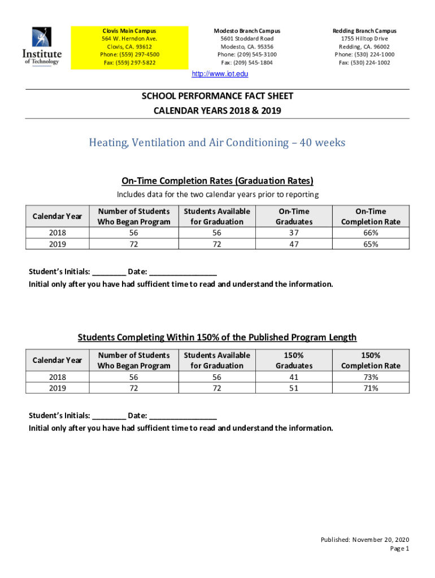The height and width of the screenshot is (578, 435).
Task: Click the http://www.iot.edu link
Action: tap(220, 74)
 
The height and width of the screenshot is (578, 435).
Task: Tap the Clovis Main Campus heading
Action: tap(129, 30)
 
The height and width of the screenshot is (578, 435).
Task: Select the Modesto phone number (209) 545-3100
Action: tap(247, 54)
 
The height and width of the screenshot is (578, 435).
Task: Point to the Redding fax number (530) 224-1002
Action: tap(364, 63)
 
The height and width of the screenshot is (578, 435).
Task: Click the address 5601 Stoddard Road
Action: tap(247, 38)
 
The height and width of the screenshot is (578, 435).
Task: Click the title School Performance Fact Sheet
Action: tap(217, 96)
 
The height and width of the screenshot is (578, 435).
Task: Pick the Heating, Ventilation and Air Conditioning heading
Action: tap(217, 143)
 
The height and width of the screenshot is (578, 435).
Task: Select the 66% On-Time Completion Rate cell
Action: tap(371, 233)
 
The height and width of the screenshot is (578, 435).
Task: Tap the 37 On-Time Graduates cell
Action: tap(294, 233)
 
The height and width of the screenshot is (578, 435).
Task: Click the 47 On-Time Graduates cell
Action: tap(294, 244)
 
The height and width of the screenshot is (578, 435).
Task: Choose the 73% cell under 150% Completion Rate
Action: tap(371, 377)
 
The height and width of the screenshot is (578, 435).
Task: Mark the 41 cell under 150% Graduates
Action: tap(294, 377)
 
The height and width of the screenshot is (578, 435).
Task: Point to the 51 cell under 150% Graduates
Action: tap(294, 388)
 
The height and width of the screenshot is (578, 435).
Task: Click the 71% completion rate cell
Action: tap(371, 388)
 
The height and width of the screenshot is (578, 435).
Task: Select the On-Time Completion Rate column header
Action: tap(371, 216)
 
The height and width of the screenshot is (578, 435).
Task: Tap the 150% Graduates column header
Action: tap(294, 360)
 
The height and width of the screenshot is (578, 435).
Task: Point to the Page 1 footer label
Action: tap(399, 549)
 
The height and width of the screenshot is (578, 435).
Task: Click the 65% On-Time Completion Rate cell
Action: tap(371, 244)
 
